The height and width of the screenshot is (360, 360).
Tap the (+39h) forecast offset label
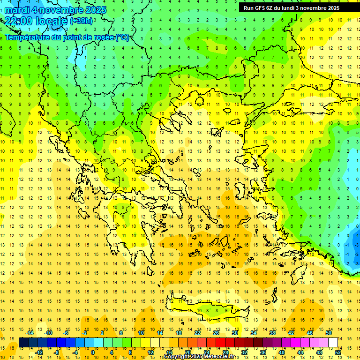(81, 21)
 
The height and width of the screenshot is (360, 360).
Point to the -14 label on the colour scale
(30, 332)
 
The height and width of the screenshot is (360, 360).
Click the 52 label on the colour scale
(338, 352)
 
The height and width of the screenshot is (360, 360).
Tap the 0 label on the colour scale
(92, 352)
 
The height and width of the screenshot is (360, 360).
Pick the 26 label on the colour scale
(216, 332)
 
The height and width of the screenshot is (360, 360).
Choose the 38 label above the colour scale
(272, 332)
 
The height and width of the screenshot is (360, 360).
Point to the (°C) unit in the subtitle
(123, 37)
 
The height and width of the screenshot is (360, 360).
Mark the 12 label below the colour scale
(151, 352)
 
